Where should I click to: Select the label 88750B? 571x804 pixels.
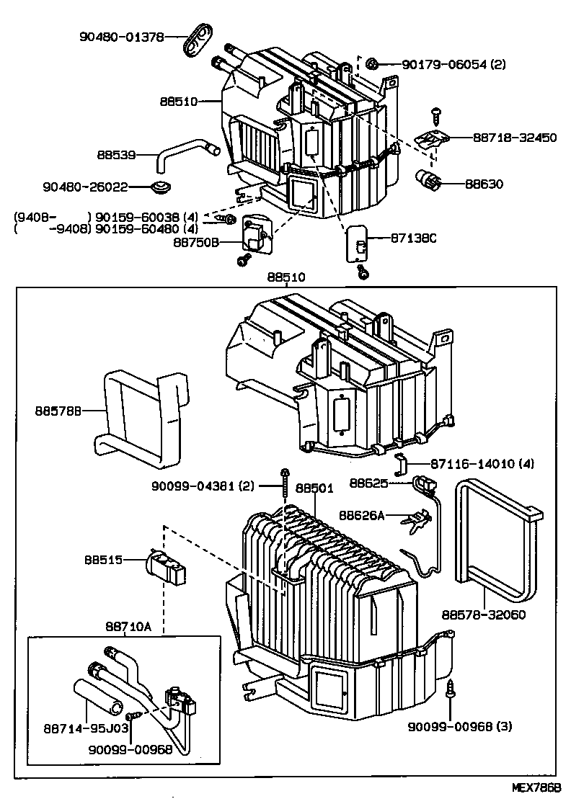pyautogui.click(x=195, y=242)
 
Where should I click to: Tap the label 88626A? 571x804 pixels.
pyautogui.click(x=362, y=515)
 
